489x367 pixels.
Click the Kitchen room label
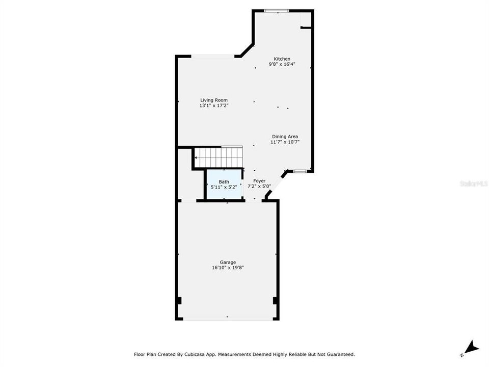pos(282,59)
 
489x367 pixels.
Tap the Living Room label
pos(213,100)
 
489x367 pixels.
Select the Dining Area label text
pos(285,136)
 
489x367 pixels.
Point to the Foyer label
pos(260,181)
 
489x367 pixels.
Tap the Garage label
pos(228,262)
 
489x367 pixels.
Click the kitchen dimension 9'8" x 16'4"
pos(282,64)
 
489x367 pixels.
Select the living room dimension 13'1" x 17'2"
pos(213,106)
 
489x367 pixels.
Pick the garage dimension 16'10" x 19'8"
pos(228,268)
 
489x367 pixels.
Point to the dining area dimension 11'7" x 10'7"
pos(285,142)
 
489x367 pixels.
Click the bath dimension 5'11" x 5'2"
pos(224,187)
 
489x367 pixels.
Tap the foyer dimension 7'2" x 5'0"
pos(260,187)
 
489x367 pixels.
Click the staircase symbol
pos(219,157)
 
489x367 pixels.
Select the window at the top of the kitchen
pos(277,10)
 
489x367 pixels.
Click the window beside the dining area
pos(298,171)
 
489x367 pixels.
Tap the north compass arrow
pos(472,348)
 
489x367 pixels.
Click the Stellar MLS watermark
pos(474,183)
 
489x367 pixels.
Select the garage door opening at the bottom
pos(227,319)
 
